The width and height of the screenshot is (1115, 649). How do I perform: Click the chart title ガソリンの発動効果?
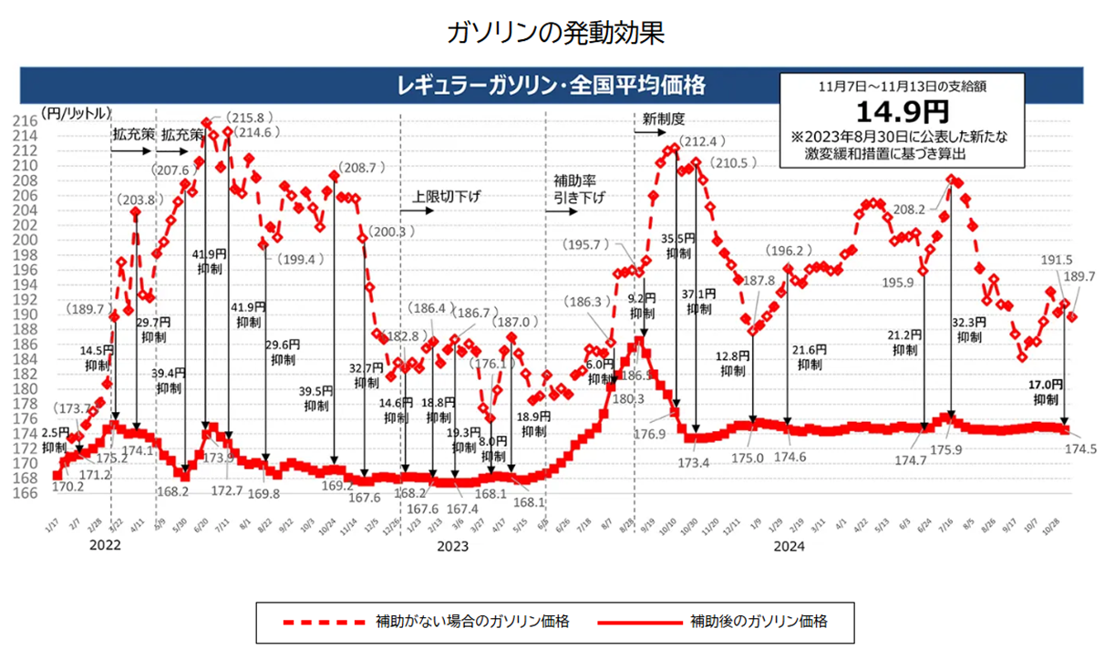[557, 34]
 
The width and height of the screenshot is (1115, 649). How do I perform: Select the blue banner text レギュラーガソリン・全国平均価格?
[551, 87]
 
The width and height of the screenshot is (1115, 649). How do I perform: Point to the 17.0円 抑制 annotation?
[1047, 392]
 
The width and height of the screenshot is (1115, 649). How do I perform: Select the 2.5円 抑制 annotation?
[55, 439]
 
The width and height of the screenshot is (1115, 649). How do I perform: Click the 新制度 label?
[663, 118]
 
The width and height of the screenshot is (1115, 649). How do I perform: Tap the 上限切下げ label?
[446, 196]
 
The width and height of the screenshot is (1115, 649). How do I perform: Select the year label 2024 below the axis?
[790, 547]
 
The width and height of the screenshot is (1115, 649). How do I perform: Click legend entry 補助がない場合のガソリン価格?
[472, 622]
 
